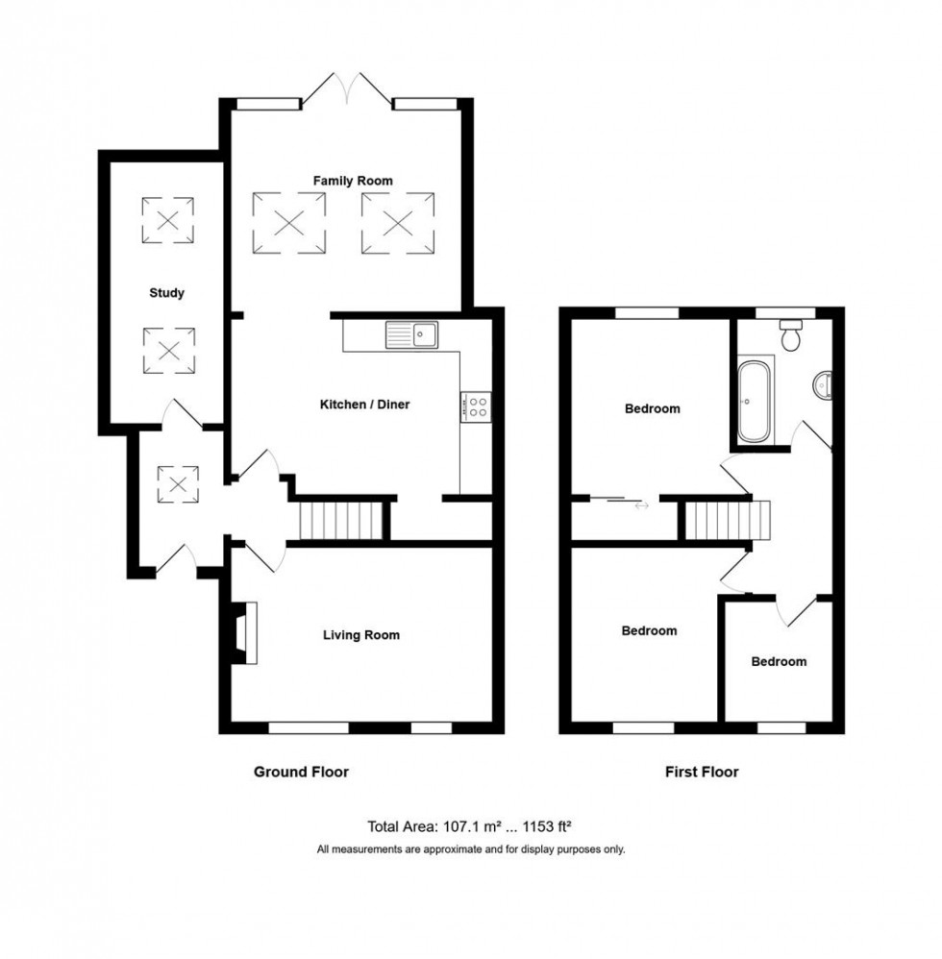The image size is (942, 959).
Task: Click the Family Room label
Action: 353,181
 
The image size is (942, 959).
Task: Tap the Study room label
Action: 166,293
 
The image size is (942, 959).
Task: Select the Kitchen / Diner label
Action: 364,405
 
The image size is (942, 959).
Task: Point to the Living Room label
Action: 360,635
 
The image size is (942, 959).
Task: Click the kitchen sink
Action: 412,334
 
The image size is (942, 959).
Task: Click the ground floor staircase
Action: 342,522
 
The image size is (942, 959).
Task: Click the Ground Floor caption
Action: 300,772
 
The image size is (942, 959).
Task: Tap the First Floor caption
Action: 702,772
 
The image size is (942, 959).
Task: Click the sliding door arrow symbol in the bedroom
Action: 640,504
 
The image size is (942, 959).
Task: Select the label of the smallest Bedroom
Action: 779,661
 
